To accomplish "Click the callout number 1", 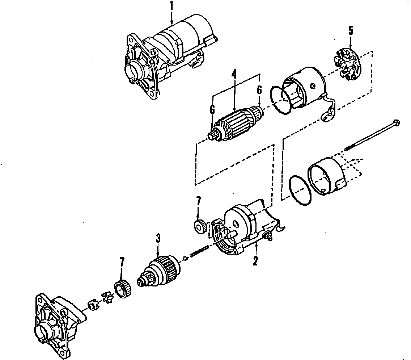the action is click(171, 6).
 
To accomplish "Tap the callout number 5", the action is click(351, 31).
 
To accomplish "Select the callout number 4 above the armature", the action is click(234, 74).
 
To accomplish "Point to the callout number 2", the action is click(255, 261).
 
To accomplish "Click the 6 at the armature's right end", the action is click(259, 90).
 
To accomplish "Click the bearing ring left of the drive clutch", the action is click(123, 289).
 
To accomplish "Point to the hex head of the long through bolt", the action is click(396, 122).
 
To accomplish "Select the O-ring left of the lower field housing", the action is click(300, 190).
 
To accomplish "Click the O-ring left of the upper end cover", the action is click(281, 100).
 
